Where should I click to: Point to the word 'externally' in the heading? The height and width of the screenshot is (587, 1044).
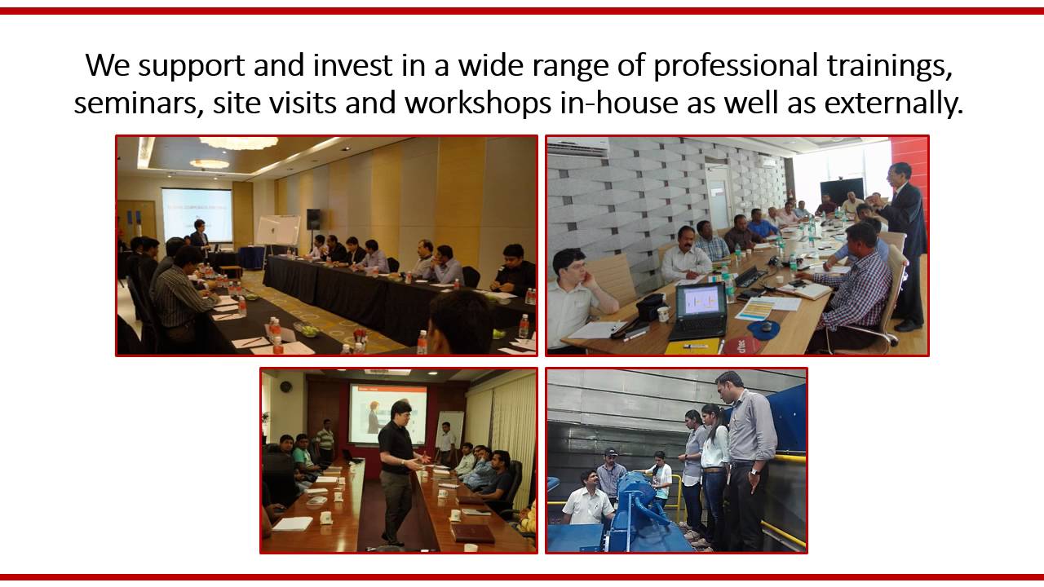point(900,104)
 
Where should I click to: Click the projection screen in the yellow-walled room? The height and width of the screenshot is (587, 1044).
point(196,214)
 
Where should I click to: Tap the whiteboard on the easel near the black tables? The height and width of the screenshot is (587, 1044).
point(277,231)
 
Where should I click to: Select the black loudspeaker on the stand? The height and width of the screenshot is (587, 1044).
point(313,218)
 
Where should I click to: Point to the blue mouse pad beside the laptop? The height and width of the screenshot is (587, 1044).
point(764,329)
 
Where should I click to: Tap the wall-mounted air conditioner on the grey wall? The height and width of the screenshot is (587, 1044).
point(577,147)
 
